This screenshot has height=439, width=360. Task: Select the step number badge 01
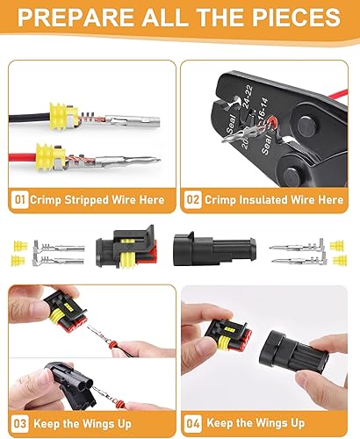[x=19, y=199]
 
